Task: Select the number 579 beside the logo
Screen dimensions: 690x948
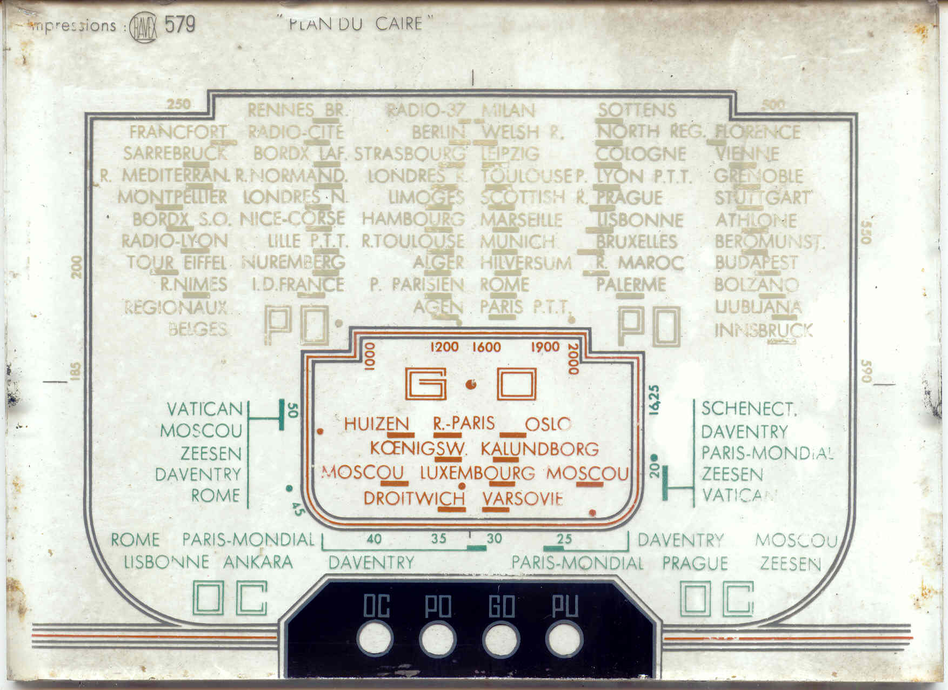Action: tap(180, 25)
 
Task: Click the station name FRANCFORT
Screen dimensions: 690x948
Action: tap(178, 132)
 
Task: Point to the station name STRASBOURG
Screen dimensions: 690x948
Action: tap(409, 154)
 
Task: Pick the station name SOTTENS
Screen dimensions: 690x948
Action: tap(637, 110)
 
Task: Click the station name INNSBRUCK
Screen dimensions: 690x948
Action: tap(763, 330)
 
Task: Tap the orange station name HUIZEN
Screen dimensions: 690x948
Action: tap(376, 424)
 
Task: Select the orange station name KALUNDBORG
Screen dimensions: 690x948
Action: tap(539, 448)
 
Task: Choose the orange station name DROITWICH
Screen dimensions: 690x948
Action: tap(414, 498)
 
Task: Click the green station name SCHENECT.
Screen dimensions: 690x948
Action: tap(749, 409)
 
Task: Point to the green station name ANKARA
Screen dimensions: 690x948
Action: tap(258, 562)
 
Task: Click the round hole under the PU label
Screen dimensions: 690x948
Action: tap(564, 639)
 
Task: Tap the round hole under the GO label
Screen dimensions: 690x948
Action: tap(501, 639)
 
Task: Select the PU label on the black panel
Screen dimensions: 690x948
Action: tap(565, 607)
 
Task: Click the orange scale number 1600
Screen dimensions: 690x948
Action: tap(486, 347)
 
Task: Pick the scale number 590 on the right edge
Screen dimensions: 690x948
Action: tap(866, 371)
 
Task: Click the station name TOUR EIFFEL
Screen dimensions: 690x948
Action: tap(177, 263)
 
